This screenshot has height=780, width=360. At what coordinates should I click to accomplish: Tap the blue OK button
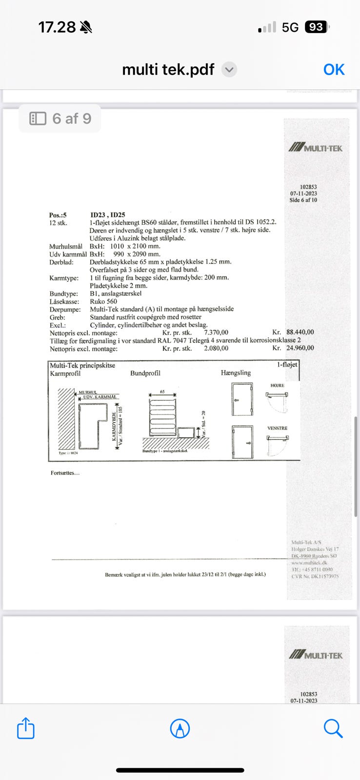[x=334, y=70]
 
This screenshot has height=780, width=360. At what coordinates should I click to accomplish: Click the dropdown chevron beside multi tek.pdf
[x=229, y=70]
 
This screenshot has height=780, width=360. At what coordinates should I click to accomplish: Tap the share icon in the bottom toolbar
[x=26, y=729]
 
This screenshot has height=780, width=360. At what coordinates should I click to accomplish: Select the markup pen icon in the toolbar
[x=180, y=729]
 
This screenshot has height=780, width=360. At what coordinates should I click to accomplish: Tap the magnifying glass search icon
[x=333, y=729]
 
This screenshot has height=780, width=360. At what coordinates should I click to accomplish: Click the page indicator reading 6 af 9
[x=60, y=118]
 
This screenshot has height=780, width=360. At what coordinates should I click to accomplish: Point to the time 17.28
[x=57, y=27]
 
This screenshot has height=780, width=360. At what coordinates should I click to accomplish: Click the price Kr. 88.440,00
[x=293, y=332]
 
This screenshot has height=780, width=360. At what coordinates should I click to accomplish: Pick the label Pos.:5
[x=58, y=215]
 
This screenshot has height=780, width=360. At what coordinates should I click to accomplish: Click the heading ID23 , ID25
[x=108, y=215]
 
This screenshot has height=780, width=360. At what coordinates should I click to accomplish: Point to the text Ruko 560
[x=103, y=301]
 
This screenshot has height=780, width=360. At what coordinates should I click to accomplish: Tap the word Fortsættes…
[x=65, y=473]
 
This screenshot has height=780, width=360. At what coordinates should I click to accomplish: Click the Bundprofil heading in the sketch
[x=145, y=373]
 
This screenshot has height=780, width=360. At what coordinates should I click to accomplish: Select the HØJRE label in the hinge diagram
[x=277, y=386]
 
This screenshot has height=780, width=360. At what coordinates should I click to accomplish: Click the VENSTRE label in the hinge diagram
[x=277, y=429]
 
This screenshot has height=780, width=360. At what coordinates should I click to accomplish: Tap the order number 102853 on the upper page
[x=308, y=187]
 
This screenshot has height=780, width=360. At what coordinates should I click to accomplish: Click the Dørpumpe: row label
[x=65, y=309]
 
